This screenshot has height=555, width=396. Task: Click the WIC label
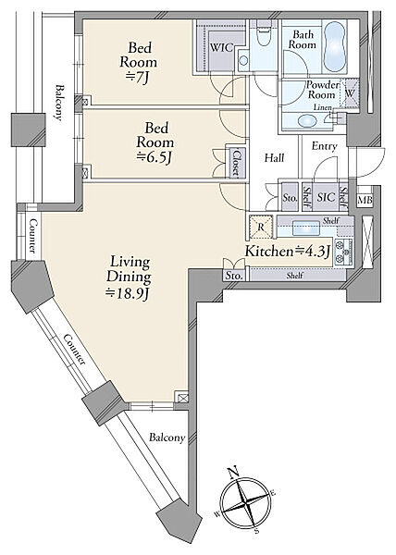pyautogui.click(x=222, y=48)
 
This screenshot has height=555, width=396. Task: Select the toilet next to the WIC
pyautogui.click(x=263, y=36)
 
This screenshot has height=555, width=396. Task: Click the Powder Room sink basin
pyautogui.click(x=306, y=120)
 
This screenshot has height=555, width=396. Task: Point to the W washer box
pyautogui.click(x=350, y=93)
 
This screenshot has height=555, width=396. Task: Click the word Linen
pyautogui.click(x=323, y=107)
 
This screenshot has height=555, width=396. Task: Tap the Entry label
pyautogui.click(x=324, y=146)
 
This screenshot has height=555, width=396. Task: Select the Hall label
pyautogui.click(x=274, y=157)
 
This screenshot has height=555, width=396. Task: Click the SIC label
pyautogui.click(x=326, y=197)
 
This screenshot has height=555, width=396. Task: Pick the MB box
pyautogui.click(x=365, y=200)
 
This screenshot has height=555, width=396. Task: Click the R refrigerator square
pyautogui.click(x=261, y=227)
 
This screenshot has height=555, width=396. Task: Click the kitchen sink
pyautogui.click(x=305, y=227)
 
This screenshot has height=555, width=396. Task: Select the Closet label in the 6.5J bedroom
pyautogui.click(x=236, y=163)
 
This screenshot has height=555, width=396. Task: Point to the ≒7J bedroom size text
pyautogui.click(x=139, y=78)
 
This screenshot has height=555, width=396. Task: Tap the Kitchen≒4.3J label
pyautogui.click(x=288, y=252)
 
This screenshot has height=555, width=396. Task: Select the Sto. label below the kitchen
pyautogui.click(x=233, y=276)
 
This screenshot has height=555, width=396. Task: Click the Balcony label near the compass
pyautogui.click(x=167, y=438)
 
